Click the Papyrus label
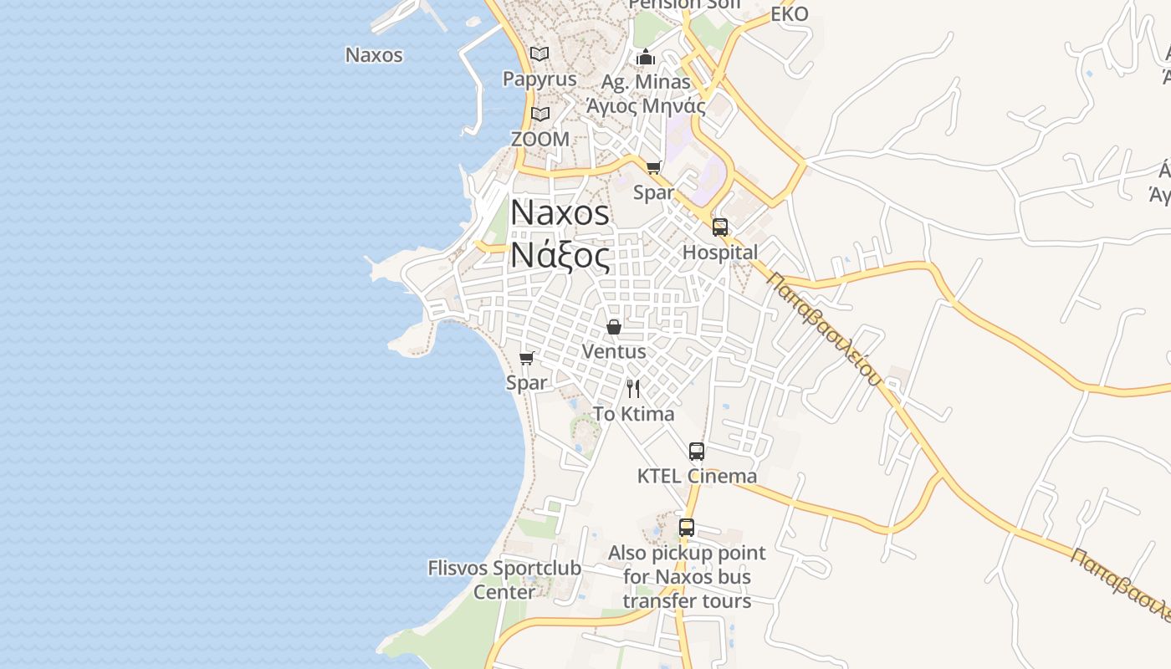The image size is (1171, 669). click(x=539, y=79)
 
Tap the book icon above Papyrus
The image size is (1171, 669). click(x=539, y=54)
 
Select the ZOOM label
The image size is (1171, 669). click(x=539, y=139)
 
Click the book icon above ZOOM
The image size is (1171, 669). click(x=540, y=114)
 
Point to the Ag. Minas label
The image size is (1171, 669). click(x=646, y=82)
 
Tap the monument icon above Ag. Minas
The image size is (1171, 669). click(x=646, y=57)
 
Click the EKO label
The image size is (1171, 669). click(x=789, y=14)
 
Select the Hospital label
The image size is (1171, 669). click(x=720, y=252)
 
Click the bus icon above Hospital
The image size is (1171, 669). click(x=720, y=227)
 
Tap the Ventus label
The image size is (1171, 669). click(x=614, y=351)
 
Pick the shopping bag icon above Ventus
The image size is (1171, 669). click(x=614, y=326)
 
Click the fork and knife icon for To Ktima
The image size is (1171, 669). click(x=633, y=388)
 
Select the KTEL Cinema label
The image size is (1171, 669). click(x=697, y=476)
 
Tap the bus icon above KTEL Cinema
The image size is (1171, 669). click(x=697, y=452)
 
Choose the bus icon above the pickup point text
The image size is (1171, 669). click(x=687, y=528)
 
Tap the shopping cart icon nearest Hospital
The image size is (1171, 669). click(x=653, y=167)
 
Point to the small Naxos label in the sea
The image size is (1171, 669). click(x=374, y=55)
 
